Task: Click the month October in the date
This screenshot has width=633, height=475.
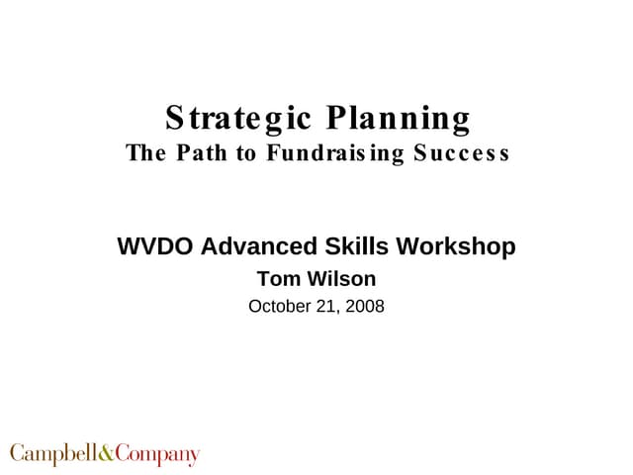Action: tap(280, 307)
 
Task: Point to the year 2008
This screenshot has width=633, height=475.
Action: tap(365, 307)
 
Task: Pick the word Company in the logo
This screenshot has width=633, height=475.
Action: tap(157, 455)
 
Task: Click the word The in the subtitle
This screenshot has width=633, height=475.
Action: tap(143, 153)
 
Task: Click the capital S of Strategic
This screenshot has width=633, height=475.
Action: tap(175, 120)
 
